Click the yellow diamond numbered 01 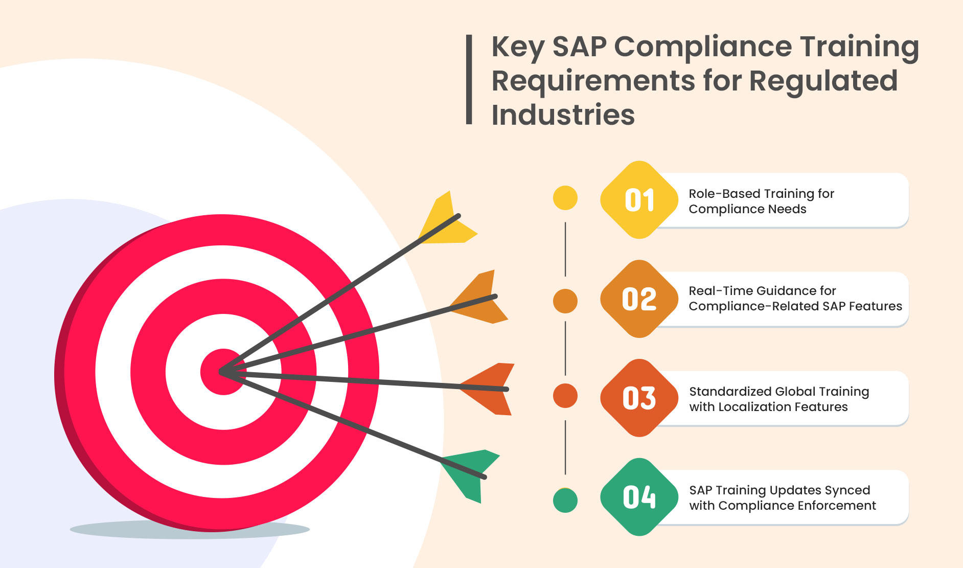(639, 200)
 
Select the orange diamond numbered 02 (639, 299)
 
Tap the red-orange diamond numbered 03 (639, 398)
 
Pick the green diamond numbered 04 (639, 497)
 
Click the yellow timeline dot (565, 198)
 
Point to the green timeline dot (565, 501)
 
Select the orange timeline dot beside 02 (565, 301)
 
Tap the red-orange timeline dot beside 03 (565, 396)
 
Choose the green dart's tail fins (468, 470)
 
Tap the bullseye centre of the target (223, 372)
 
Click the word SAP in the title (579, 47)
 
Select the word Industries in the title (563, 115)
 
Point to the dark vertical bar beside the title (469, 80)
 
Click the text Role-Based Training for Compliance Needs (761, 201)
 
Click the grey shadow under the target (189, 530)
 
